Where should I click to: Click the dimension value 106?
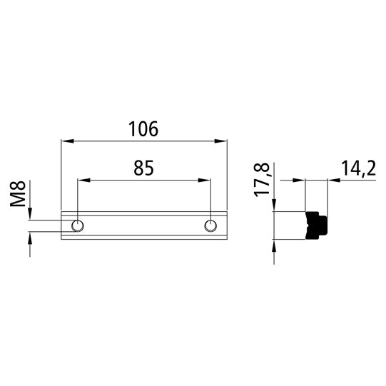coord(143,129)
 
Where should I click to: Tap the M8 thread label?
coord(19,195)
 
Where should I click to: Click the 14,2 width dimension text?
coord(358,168)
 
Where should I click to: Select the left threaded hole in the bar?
coord(78,226)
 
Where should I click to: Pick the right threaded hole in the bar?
coord(210,226)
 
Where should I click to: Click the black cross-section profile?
coord(316,225)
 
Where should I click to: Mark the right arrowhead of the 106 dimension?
coord(222,141)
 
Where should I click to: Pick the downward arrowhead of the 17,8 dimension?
coord(274,207)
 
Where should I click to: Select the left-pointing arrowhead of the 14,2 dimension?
coord(332,181)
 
